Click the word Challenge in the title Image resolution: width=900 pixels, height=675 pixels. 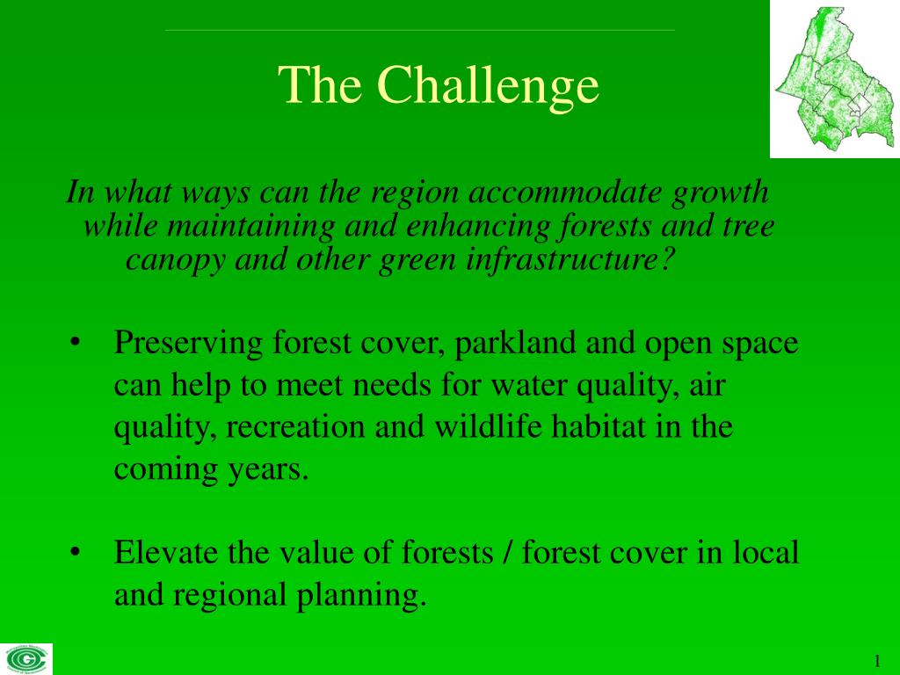pyautogui.click(x=489, y=86)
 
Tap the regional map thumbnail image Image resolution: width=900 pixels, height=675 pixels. pyautogui.click(x=835, y=78)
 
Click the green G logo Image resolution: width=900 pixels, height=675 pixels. pyautogui.click(x=25, y=659)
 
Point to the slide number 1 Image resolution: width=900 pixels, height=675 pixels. pyautogui.click(x=877, y=661)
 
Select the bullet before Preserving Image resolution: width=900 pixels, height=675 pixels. pyautogui.click(x=74, y=343)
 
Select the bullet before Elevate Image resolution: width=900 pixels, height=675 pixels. pyautogui.click(x=74, y=552)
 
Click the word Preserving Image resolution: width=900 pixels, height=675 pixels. pyautogui.click(x=188, y=344)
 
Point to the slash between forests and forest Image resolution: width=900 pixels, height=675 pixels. pyautogui.click(x=508, y=553)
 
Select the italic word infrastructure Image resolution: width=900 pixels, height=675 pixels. pyautogui.click(x=569, y=260)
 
